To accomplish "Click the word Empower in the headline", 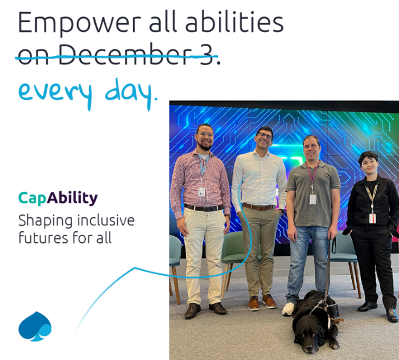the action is pyautogui.click(x=79, y=23).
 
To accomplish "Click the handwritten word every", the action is pyautogui.click(x=55, y=94).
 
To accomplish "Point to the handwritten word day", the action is pyautogui.click(x=129, y=93).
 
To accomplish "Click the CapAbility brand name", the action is pyautogui.click(x=58, y=198).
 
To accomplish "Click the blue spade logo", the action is pyautogui.click(x=35, y=326).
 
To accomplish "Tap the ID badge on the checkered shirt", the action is pyautogui.click(x=201, y=192).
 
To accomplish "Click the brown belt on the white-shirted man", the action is pyautogui.click(x=258, y=207).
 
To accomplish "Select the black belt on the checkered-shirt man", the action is pyautogui.click(x=203, y=209).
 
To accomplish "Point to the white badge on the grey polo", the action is pyautogui.click(x=313, y=199).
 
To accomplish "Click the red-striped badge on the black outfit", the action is pyautogui.click(x=372, y=218).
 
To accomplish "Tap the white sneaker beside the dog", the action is pyautogui.click(x=288, y=309).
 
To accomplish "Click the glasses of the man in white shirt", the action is pyautogui.click(x=265, y=136).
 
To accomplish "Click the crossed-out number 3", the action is pyautogui.click(x=206, y=54).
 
